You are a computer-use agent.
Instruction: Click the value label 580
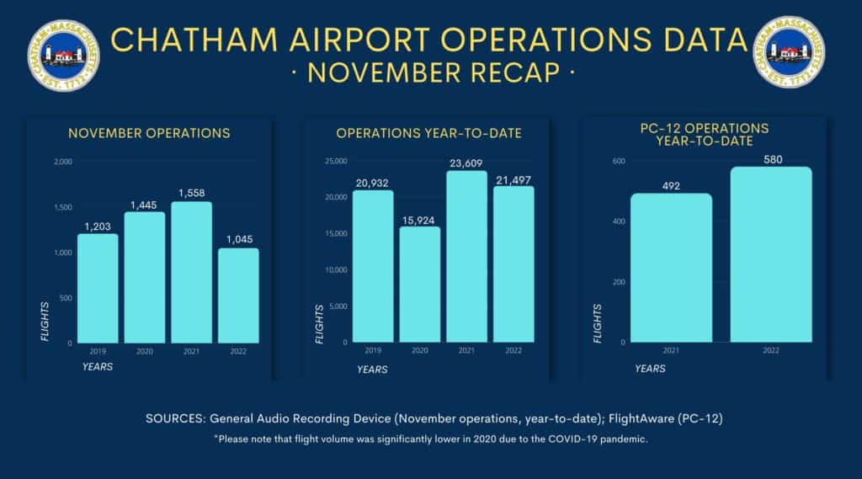coord(771,157)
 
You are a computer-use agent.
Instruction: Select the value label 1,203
coord(98,225)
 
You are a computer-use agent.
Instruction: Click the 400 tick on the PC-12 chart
coord(618,221)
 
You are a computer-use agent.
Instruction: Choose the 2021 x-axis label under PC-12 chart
coord(671,350)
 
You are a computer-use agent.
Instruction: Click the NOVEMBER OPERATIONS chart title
coord(149,133)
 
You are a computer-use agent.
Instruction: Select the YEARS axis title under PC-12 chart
coord(650,369)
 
